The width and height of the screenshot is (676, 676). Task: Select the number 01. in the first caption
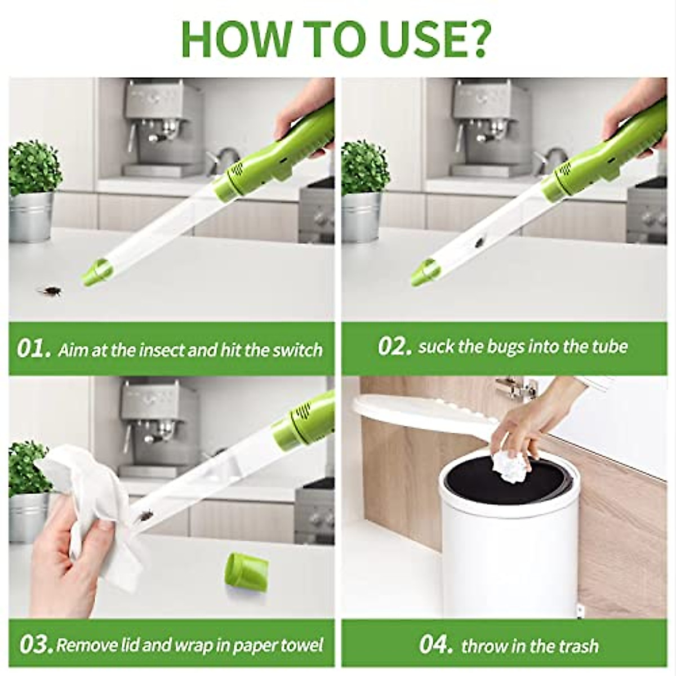(x=34, y=349)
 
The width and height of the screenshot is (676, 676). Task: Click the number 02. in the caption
(x=394, y=346)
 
